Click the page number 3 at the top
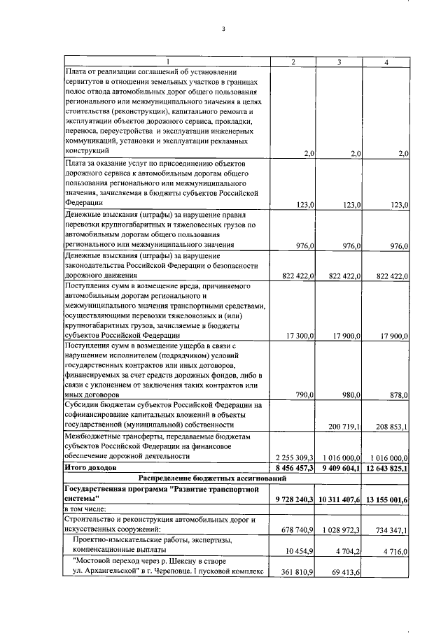click(223, 29)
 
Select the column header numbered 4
click(386, 62)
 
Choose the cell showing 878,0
click(398, 395)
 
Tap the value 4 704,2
click(347, 550)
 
